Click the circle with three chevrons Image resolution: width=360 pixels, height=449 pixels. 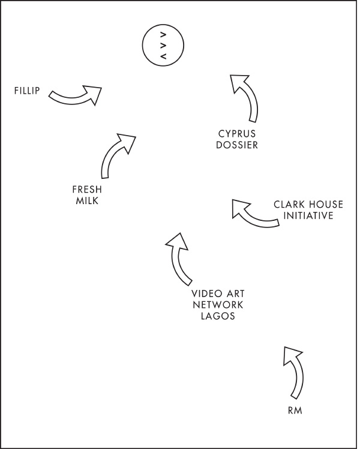(162, 45)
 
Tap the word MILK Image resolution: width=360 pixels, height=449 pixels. (87, 201)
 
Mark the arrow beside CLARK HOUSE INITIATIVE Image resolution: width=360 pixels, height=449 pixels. (254, 214)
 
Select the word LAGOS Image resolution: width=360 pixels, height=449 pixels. (217, 316)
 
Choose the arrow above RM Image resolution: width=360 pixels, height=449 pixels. (294, 371)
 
